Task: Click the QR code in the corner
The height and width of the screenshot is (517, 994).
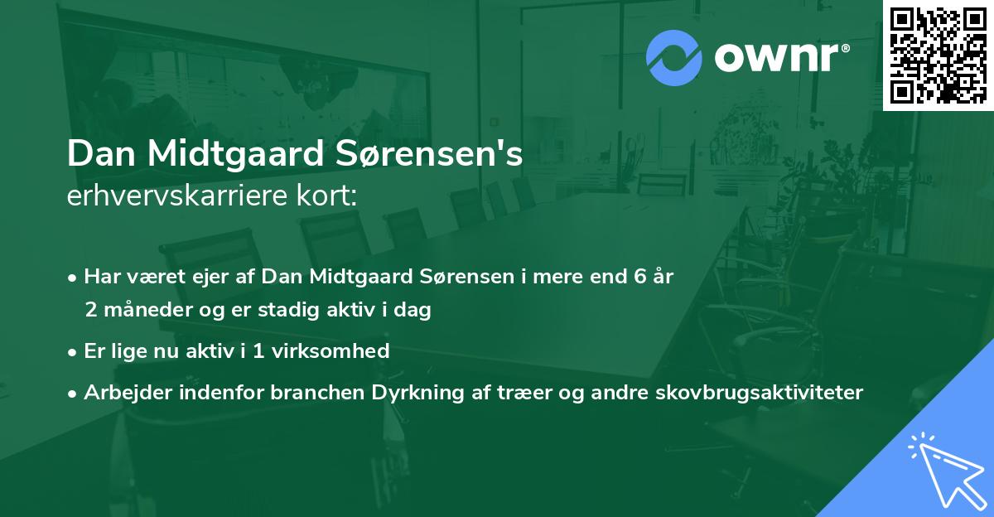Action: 938,55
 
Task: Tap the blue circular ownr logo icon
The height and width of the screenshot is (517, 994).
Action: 675,58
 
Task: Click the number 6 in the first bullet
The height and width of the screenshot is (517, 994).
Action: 640,276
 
